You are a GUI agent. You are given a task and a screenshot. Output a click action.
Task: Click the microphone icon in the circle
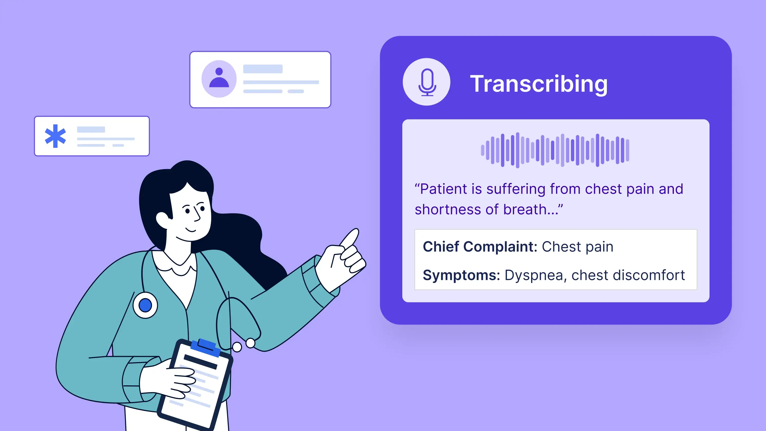pyautogui.click(x=427, y=82)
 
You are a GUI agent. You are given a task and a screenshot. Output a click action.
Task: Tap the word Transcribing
pyautogui.click(x=539, y=84)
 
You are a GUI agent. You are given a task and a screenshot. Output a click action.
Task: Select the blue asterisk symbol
pyautogui.click(x=55, y=136)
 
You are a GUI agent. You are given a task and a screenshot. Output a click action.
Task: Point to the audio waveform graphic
pyautogui.click(x=555, y=150)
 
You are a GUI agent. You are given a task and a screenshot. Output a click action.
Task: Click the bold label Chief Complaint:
pyautogui.click(x=480, y=247)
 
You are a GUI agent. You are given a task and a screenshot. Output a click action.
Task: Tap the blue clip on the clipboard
pyautogui.click(x=206, y=347)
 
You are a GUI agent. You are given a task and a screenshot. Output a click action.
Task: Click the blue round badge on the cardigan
pyautogui.click(x=145, y=305)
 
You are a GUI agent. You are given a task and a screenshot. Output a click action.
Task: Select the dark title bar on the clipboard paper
pyautogui.click(x=200, y=361)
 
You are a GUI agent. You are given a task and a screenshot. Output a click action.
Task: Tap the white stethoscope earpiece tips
pyautogui.click(x=244, y=345)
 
